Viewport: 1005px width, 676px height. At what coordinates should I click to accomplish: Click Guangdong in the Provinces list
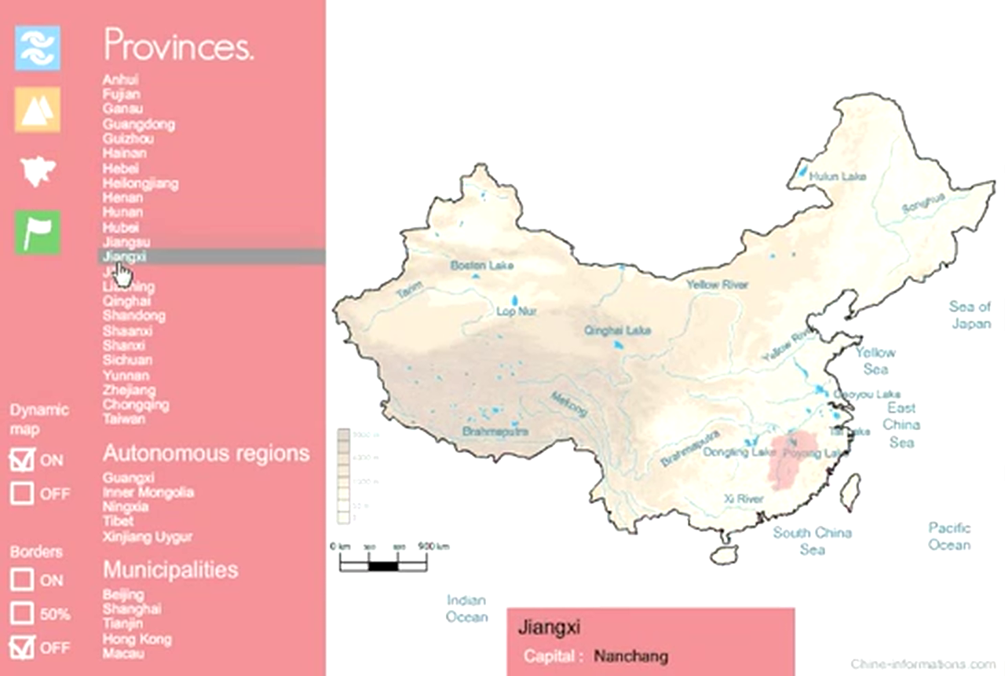pos(138,124)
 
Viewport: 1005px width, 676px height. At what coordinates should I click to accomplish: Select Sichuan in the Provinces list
pos(126,360)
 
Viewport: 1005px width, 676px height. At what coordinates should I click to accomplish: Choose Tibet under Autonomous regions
pos(118,521)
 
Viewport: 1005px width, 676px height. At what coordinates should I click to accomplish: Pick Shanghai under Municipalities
pos(132,609)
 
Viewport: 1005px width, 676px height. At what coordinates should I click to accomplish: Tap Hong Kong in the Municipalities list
pos(136,639)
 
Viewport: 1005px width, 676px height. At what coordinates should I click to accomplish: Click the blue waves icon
pos(37,48)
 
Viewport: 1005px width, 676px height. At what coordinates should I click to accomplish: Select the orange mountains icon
pos(37,109)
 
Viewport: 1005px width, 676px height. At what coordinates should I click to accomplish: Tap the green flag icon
pos(37,233)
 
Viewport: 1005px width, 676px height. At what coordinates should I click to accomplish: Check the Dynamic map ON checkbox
pos(22,460)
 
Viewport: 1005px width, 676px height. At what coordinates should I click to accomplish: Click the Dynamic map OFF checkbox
pos(22,494)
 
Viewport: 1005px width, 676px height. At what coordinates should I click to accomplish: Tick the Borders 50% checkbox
pos(22,614)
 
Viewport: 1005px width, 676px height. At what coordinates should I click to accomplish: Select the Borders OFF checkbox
pos(22,647)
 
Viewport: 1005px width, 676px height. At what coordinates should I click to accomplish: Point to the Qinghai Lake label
pos(617,331)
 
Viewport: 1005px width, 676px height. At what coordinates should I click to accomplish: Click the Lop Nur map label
pos(517,311)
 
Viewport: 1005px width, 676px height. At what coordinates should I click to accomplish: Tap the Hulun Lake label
pos(837,177)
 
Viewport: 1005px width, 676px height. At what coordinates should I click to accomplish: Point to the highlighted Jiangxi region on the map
pos(792,461)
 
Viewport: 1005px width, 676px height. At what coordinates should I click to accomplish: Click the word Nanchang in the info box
pos(631,656)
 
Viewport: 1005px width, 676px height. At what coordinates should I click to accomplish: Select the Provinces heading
pos(178,46)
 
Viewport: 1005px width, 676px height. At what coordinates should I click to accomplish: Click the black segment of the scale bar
pos(383,565)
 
